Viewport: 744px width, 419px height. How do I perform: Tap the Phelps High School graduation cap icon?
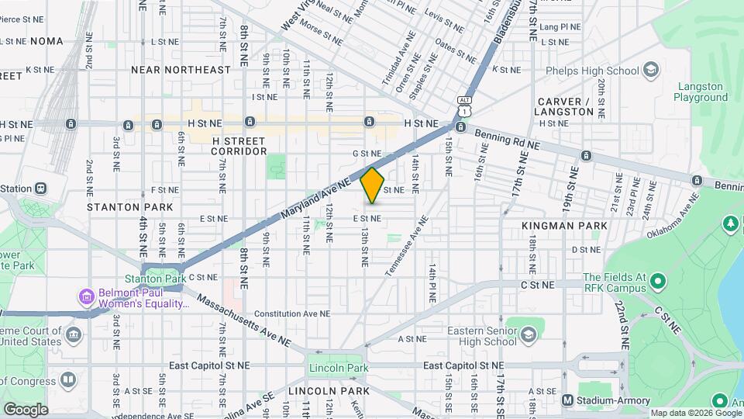tap(651, 71)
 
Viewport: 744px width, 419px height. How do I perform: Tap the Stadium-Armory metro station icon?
tap(568, 400)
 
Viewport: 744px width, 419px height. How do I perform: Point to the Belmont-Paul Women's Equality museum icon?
tap(86, 296)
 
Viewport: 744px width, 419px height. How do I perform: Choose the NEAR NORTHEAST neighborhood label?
tap(181, 70)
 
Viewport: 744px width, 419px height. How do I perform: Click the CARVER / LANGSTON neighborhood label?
tap(565, 106)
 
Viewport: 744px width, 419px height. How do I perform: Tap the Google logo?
tap(25, 409)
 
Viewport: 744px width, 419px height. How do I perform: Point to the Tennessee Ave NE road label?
tap(407, 244)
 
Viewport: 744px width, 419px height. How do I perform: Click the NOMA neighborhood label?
tap(46, 40)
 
